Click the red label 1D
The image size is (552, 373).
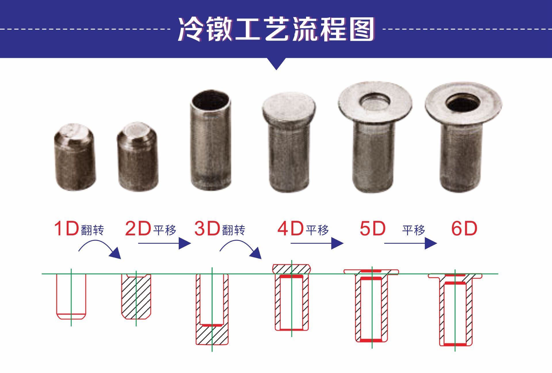(67, 229)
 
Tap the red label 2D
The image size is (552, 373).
(138, 229)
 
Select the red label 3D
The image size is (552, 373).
(207, 229)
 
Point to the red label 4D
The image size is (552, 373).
(291, 229)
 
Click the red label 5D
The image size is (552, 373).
(373, 229)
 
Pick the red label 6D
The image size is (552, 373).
(464, 229)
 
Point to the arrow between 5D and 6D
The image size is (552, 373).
(411, 243)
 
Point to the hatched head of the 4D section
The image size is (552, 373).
(292, 269)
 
